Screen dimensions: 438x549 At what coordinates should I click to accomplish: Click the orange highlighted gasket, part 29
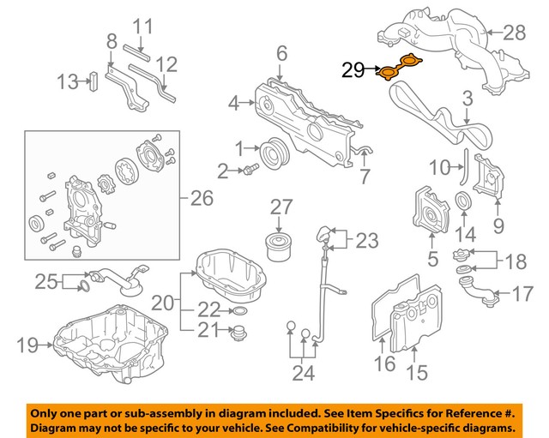pos(401,67)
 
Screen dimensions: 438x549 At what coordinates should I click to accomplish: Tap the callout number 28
pos(513,33)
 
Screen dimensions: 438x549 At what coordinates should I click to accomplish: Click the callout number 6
pos(281,55)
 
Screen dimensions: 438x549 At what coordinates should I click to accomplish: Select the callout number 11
pos(141,27)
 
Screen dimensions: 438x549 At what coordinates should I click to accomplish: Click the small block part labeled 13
pos(94,81)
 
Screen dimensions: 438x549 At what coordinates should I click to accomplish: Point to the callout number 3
pos(467,100)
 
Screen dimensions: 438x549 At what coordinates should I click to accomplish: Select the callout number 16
pos(384,364)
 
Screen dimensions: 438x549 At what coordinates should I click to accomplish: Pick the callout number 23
pos(366,241)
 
